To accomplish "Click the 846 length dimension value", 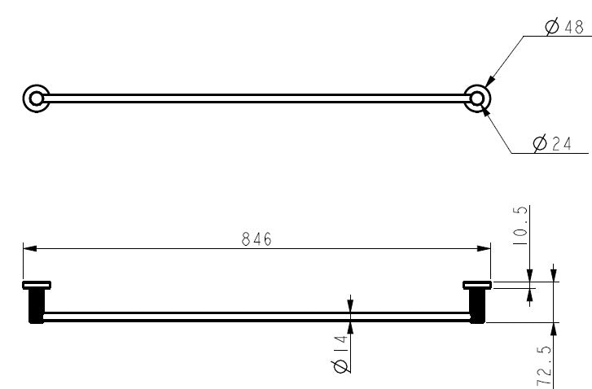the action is (257, 238).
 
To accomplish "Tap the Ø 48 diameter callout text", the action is (565, 27).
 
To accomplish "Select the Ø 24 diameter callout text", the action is (552, 143).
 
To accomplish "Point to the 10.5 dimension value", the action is (520, 226).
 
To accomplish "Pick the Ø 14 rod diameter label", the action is (340, 354).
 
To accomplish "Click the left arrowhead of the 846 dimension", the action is (30, 248).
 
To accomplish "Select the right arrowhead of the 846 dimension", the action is (484, 248).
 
